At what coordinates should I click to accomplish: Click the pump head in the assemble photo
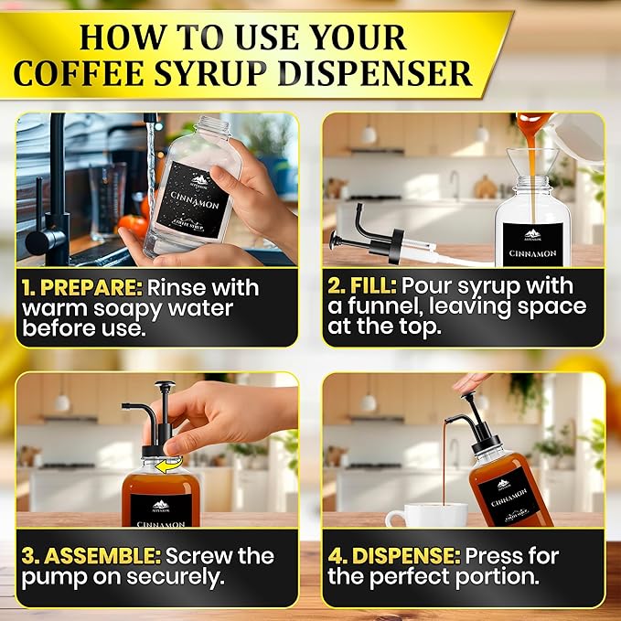pos(164,388)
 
